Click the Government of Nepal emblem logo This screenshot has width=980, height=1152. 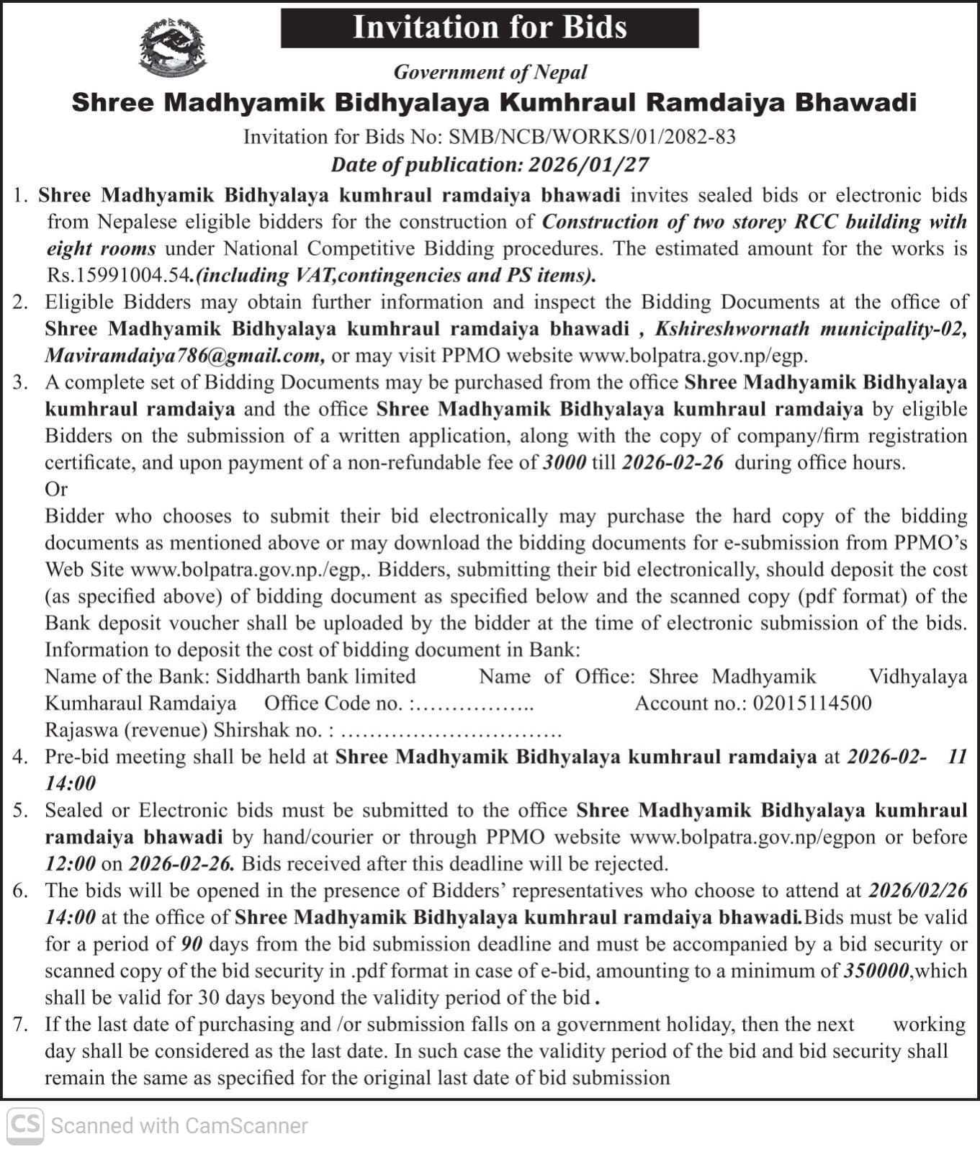point(172,48)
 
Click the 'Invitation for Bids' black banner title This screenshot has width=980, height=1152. point(490,27)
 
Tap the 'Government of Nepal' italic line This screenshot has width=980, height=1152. point(490,72)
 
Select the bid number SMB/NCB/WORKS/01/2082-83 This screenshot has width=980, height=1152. point(592,137)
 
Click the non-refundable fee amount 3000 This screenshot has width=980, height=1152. point(564,462)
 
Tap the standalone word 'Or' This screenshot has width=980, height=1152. point(56,489)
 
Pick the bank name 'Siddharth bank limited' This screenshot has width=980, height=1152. point(316,676)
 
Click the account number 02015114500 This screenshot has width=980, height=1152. point(812,703)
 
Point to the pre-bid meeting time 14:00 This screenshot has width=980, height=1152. point(70,783)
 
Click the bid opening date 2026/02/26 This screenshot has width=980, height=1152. point(918,891)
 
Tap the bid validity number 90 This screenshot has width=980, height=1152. point(191,944)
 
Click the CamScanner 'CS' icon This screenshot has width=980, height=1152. point(26,1125)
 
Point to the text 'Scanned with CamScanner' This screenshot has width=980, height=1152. point(179,1125)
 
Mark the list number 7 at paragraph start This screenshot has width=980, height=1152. point(19,1024)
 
